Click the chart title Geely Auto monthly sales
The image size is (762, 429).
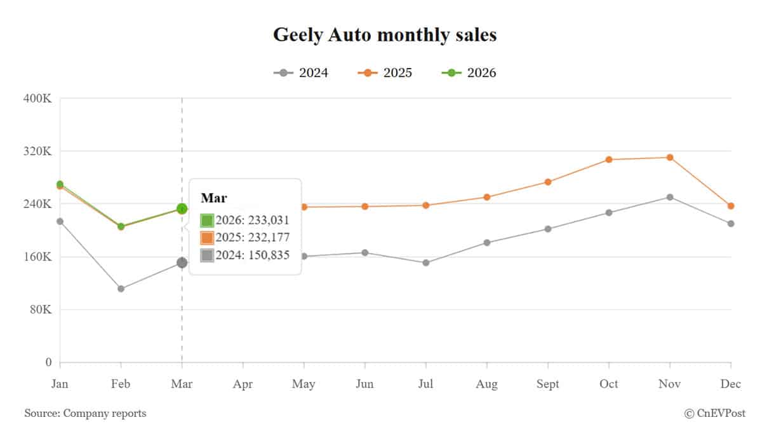(385, 35)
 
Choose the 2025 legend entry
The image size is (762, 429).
(385, 73)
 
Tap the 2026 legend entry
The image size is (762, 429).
(469, 73)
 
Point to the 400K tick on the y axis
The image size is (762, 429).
(39, 99)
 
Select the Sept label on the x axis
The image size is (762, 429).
(547, 385)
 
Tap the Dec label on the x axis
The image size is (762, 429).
(731, 385)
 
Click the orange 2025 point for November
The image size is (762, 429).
(669, 157)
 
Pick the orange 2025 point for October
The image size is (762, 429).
(608, 160)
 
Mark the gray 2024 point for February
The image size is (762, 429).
(121, 289)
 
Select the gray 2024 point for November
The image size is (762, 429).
(669, 197)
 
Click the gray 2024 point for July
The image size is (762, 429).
(425, 262)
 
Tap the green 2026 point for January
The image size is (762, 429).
(60, 184)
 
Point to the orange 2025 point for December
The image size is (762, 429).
(731, 206)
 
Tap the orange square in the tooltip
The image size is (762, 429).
(207, 238)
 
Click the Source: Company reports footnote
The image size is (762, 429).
(85, 414)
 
